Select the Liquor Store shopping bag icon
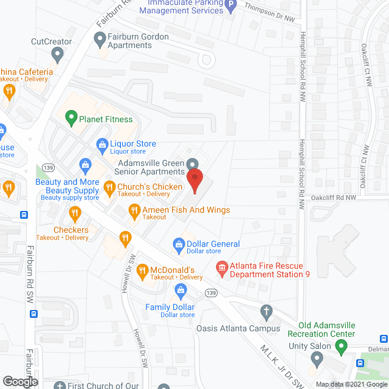[x=102, y=144]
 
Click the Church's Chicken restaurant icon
[x=109, y=190]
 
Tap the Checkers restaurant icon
[x=75, y=213]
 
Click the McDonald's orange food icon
[x=142, y=269]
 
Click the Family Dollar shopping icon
[x=180, y=291]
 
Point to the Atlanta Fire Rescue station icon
[x=221, y=267]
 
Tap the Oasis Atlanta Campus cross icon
[x=266, y=312]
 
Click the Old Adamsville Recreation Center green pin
[x=341, y=348]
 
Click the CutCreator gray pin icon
[x=58, y=56]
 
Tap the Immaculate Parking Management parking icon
[x=231, y=7]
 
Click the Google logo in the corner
[x=20, y=382]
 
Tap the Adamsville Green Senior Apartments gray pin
[x=192, y=164]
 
